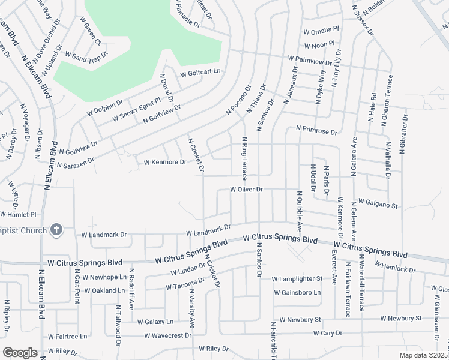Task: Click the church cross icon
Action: point(56,229)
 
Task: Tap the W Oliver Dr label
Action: point(247,190)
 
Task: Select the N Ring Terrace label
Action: point(244,159)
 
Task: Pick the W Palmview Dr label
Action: point(313,60)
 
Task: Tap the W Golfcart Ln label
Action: point(200,73)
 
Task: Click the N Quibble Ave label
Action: point(299,211)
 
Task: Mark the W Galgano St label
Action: point(378,205)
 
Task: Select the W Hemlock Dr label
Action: point(395,267)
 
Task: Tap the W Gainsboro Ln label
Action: point(297,293)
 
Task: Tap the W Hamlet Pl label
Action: point(19,214)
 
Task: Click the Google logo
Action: point(20,353)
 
